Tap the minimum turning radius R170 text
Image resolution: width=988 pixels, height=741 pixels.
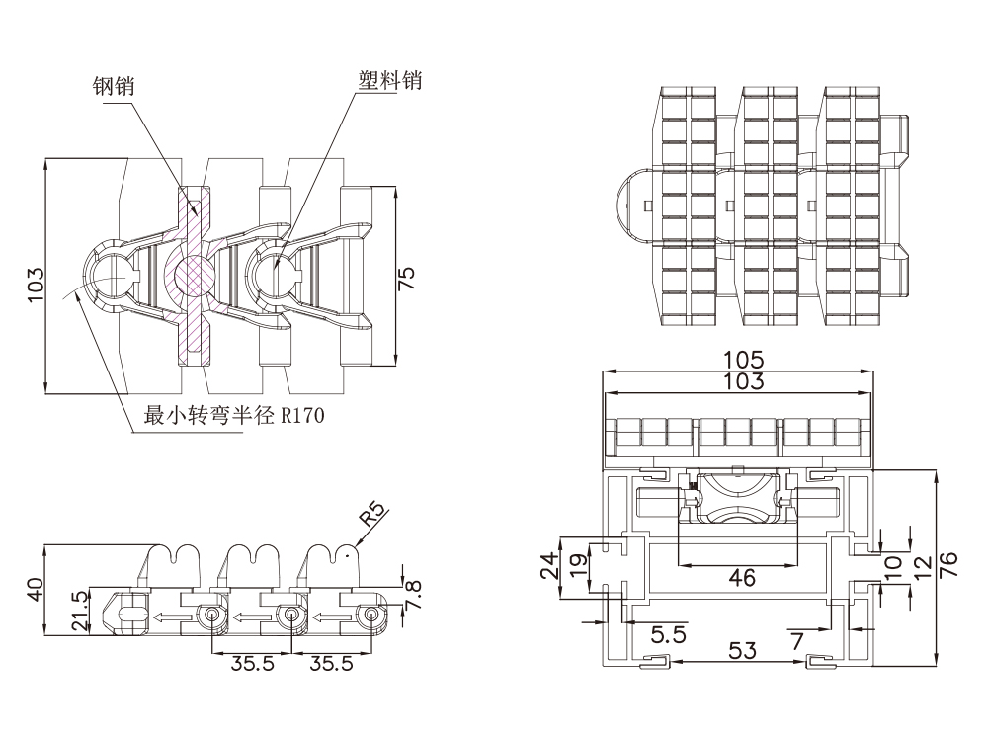(x=234, y=416)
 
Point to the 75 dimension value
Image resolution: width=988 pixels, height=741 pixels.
(x=407, y=278)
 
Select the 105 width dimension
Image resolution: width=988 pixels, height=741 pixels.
(x=743, y=360)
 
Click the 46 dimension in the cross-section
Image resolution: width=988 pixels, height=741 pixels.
(x=742, y=576)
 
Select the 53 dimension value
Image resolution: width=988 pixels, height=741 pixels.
(x=742, y=649)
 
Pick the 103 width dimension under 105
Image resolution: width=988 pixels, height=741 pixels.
(x=743, y=380)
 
